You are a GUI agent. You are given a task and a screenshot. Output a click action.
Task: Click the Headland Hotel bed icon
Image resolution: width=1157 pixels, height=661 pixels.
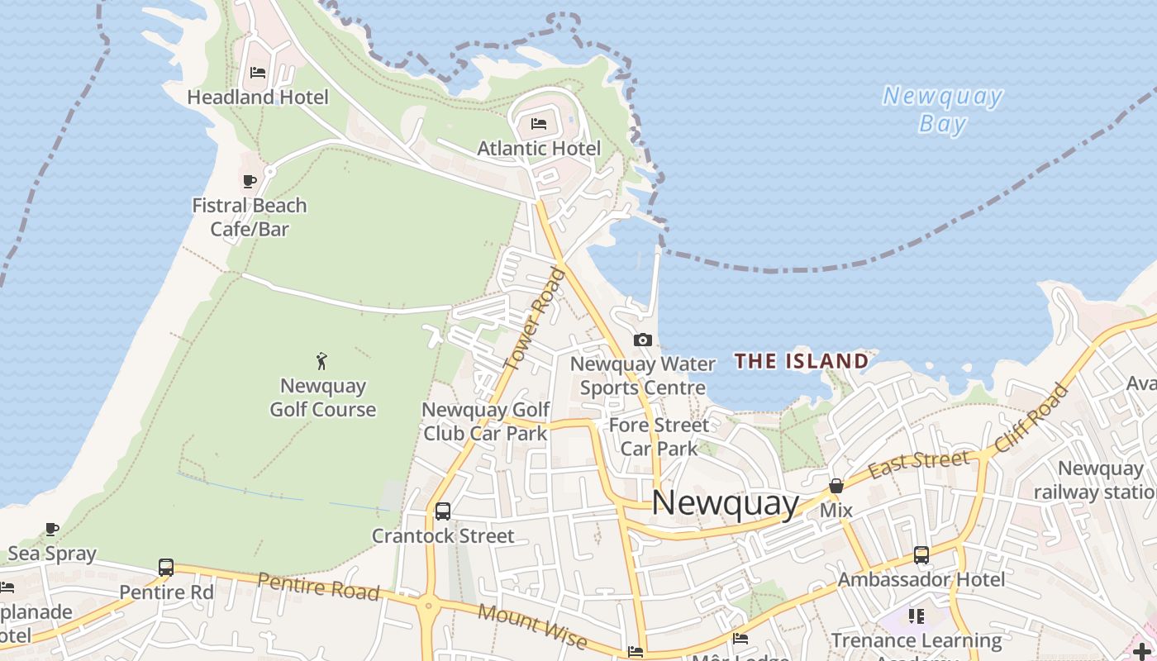click(258, 73)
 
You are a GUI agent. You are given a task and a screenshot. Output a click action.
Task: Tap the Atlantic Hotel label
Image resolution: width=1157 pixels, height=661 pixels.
click(539, 149)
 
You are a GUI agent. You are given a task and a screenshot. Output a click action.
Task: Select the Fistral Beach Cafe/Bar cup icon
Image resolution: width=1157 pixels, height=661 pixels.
click(250, 181)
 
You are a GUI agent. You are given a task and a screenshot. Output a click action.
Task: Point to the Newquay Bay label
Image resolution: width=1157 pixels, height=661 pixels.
click(943, 110)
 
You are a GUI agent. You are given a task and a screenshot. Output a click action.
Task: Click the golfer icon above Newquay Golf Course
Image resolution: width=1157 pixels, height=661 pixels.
click(322, 361)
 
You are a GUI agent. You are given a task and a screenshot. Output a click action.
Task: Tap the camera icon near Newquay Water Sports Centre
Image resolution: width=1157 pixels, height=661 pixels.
click(642, 340)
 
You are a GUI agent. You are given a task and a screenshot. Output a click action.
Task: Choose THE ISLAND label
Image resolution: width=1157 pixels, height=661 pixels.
click(802, 361)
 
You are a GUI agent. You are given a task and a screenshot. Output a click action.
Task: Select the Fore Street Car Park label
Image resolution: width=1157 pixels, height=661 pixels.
click(659, 437)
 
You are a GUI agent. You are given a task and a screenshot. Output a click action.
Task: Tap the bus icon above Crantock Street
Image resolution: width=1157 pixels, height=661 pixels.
click(443, 511)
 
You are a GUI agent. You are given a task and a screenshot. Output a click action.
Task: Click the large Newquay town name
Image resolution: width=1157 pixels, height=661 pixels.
click(726, 503)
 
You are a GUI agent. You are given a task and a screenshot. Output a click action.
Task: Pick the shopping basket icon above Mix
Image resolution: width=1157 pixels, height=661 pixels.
click(836, 486)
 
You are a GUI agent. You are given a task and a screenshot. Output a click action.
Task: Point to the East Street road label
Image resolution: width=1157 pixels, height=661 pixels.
click(918, 461)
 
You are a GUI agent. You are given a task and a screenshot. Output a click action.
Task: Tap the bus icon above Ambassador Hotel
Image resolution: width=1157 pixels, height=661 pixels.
click(921, 555)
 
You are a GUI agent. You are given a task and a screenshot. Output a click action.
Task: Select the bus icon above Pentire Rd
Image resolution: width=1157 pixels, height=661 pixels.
click(166, 568)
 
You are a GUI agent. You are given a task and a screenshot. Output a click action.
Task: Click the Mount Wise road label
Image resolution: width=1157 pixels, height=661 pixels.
click(532, 626)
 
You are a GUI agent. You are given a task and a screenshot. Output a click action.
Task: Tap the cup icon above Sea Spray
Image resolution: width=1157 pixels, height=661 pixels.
click(52, 529)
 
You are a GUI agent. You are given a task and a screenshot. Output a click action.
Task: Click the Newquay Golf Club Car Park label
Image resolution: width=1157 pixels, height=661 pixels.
click(485, 421)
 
